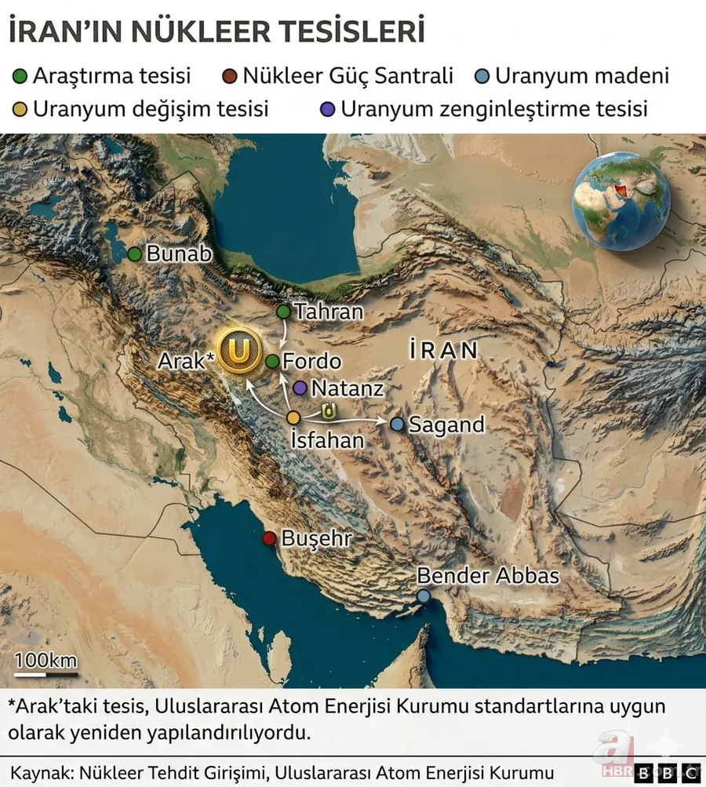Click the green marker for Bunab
click(135, 254)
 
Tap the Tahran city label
click(329, 312)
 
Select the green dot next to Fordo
click(272, 362)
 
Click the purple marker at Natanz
click(300, 388)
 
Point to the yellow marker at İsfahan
click(293, 417)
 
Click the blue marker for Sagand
click(398, 424)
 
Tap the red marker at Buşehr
click(269, 538)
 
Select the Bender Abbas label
click(487, 576)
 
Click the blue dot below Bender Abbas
click(424, 596)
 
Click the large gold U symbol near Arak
click(238, 351)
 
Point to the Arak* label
click(186, 362)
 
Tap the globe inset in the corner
click(620, 201)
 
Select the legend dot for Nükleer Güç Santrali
click(230, 77)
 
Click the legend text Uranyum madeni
click(581, 76)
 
